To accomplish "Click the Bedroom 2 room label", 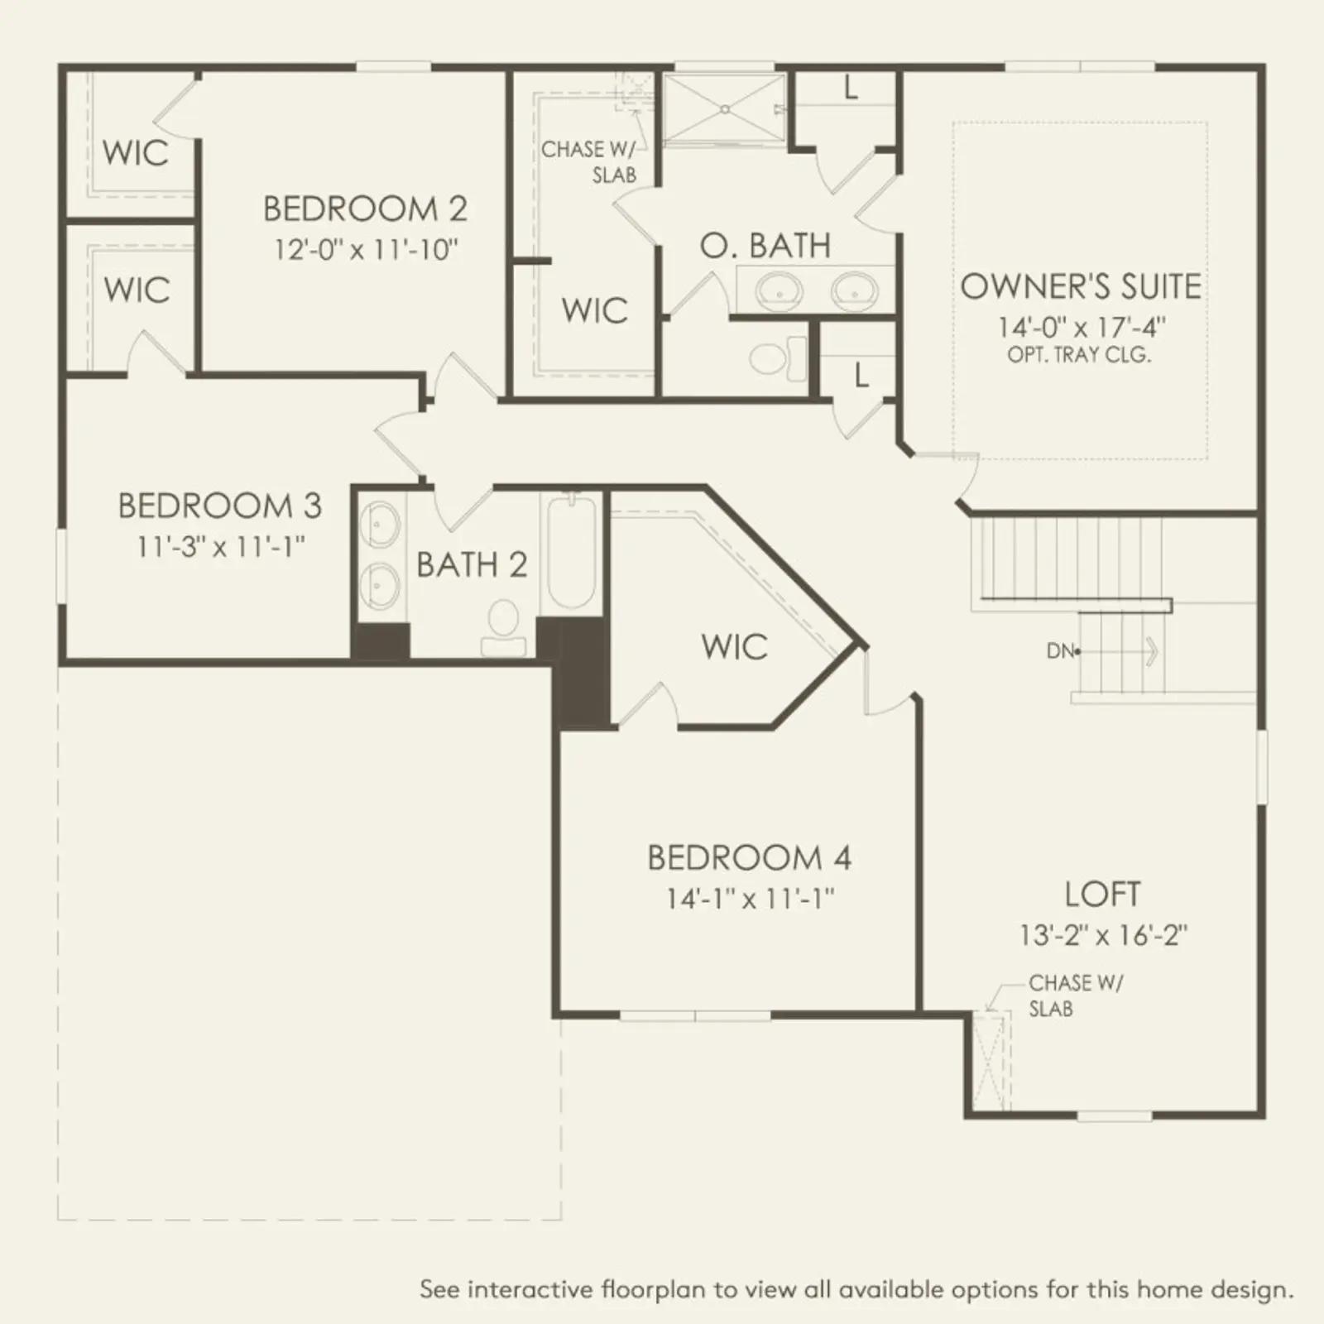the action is click(365, 209).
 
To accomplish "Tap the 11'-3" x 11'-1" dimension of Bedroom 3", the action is click(222, 546).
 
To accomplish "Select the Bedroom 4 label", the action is click(749, 858).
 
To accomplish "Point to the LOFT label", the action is click(1103, 895).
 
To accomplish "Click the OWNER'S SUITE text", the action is click(1081, 286).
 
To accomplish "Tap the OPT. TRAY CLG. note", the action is click(1079, 355).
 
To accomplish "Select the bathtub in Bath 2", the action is click(571, 552).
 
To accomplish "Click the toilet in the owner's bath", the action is click(778, 357).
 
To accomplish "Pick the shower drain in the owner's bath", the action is click(725, 108).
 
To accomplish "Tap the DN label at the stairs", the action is click(1061, 651).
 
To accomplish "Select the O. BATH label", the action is click(765, 246).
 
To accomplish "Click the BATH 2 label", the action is click(472, 565).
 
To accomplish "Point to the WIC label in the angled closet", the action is click(735, 646).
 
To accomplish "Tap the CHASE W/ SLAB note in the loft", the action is click(1075, 995).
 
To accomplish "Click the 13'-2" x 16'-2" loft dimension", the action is click(1103, 935).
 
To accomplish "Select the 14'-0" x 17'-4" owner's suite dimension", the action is click(1081, 326).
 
